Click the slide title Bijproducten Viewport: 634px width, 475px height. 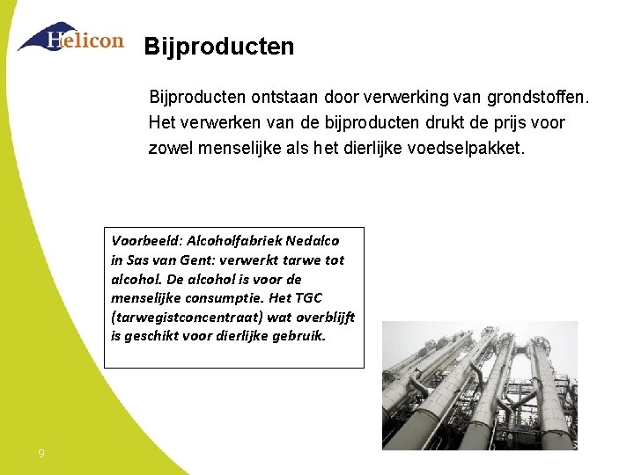coord(219,47)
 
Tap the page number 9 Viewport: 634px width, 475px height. coord(41,454)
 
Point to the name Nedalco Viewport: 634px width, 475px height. coord(313,240)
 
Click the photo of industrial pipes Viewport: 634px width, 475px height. coord(479,385)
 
